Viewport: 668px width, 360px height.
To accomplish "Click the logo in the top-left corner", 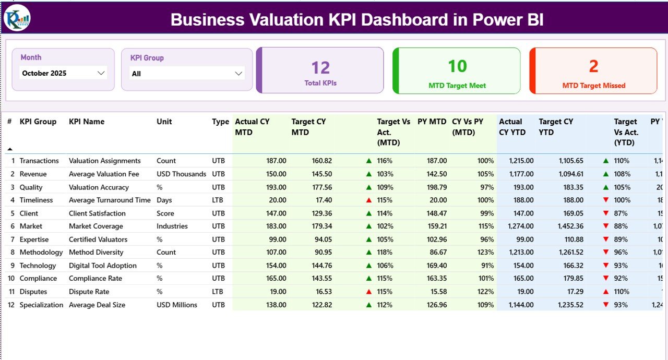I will pyautogui.click(x=17, y=18).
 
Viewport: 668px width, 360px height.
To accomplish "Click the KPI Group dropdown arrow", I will pyautogui.click(x=238, y=74).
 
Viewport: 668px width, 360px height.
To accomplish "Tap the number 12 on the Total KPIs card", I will pyautogui.click(x=320, y=68).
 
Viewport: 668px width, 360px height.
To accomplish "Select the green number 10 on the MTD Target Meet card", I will pyautogui.click(x=457, y=66).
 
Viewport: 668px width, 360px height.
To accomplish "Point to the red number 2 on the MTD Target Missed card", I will pyautogui.click(x=593, y=66).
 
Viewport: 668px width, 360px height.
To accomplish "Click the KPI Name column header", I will pyautogui.click(x=87, y=122).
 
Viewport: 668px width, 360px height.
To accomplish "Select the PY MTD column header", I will pyautogui.click(x=432, y=122).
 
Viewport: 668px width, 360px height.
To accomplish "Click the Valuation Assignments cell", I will pyautogui.click(x=104, y=161).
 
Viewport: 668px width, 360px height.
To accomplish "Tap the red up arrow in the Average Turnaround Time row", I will pyautogui.click(x=369, y=200).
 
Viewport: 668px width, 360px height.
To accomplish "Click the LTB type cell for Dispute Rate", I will pyautogui.click(x=218, y=292).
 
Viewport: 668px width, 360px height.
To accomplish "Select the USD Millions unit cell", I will pyautogui.click(x=177, y=305).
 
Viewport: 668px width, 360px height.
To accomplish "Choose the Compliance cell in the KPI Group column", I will pyautogui.click(x=38, y=279).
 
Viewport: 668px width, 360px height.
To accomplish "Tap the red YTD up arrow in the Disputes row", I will pyautogui.click(x=606, y=292).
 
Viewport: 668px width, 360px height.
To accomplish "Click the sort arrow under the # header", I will pyautogui.click(x=10, y=149).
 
